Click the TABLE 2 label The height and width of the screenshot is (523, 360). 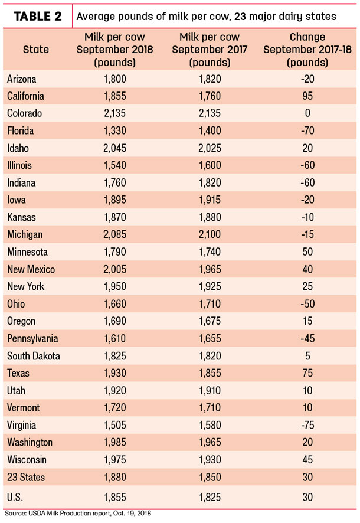(38, 16)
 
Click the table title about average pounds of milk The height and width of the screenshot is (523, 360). (207, 17)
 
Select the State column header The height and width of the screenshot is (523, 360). (35, 50)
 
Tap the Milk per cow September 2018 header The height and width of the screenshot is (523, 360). (114, 50)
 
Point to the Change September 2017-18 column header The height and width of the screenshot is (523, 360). (307, 50)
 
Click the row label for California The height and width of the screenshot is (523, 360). (25, 96)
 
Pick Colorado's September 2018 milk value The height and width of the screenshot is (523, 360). (114, 113)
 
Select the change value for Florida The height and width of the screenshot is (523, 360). (307, 130)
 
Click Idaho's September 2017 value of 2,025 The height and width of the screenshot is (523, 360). (210, 148)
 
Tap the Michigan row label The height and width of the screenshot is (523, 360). (25, 234)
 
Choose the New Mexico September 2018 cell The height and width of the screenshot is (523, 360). (114, 269)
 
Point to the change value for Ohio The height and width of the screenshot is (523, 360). (307, 304)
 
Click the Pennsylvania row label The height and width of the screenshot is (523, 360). (32, 339)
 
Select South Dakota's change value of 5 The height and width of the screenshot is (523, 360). (307, 356)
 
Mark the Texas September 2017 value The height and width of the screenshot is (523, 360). (210, 373)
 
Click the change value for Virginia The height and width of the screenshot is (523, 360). (307, 425)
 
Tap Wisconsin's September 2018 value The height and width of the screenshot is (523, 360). (114, 460)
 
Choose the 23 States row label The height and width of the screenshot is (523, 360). (26, 477)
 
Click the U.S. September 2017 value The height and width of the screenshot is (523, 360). (210, 497)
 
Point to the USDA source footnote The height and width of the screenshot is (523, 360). (78, 514)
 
